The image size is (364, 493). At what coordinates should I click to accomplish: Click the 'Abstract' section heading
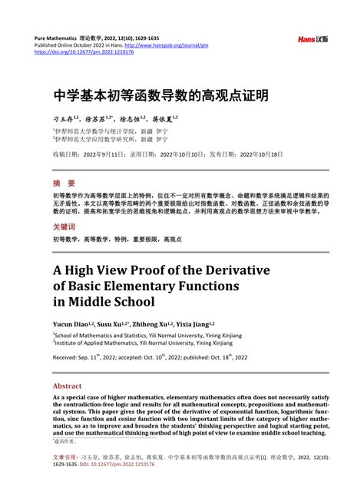click(67, 385)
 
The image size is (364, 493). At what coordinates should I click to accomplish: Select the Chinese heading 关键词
click(65, 227)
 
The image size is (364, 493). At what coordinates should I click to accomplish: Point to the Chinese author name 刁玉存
click(64, 119)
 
